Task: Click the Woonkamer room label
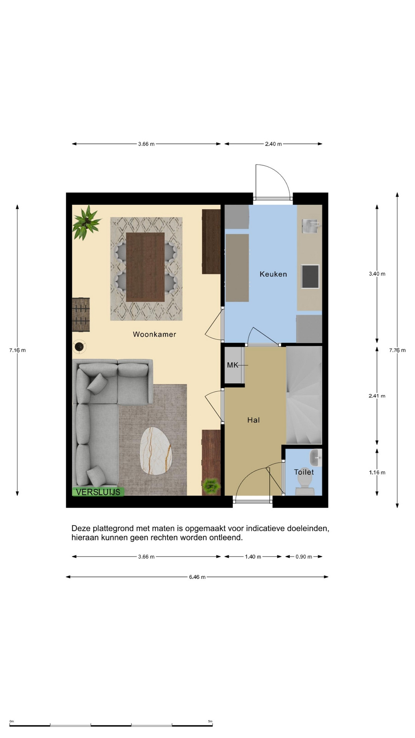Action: coord(154,334)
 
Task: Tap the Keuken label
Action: coord(273,274)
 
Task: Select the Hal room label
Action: coord(254,420)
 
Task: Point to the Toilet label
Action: coord(304,472)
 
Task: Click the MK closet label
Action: coord(232,365)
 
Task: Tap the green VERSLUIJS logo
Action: coord(98,492)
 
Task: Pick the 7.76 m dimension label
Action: coord(397,350)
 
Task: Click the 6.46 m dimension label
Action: coord(197,577)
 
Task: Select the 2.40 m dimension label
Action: coord(273,144)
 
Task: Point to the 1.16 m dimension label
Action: coord(377,472)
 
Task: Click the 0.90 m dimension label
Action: coord(304,557)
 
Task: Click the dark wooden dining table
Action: coord(145,267)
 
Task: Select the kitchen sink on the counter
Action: coord(310,226)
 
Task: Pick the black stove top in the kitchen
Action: coord(310,276)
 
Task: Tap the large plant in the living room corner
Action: coord(87,222)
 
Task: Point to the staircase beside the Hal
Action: coord(304,395)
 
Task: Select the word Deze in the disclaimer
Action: coord(81,529)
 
